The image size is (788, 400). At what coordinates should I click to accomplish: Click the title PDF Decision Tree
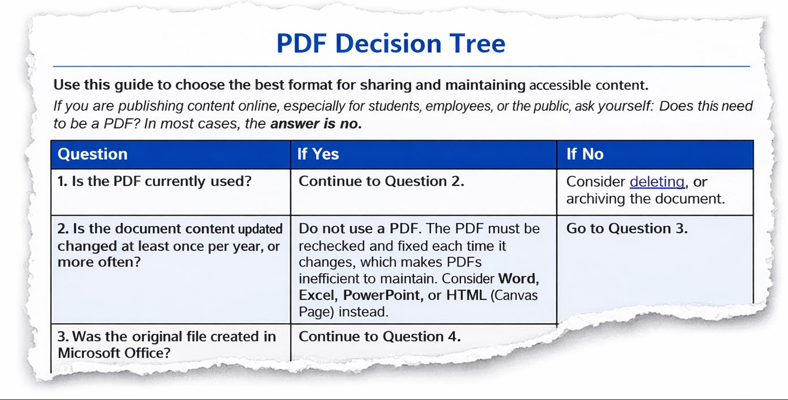pos(391,44)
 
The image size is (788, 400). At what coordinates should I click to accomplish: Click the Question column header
pos(93,154)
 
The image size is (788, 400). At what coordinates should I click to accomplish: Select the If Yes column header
pos(318,154)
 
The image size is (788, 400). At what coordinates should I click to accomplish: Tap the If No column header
pos(585,154)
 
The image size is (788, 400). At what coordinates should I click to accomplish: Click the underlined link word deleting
pos(657,182)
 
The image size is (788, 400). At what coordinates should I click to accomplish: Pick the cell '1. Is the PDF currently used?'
pos(155,182)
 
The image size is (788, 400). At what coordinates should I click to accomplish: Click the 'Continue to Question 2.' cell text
pos(382,182)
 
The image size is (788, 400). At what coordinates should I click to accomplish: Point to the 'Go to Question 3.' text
pos(627,229)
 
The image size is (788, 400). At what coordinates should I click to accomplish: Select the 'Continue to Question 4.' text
pos(379,337)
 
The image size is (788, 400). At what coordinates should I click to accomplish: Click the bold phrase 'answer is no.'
pos(316,124)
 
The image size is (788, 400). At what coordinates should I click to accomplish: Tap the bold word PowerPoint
pos(382,295)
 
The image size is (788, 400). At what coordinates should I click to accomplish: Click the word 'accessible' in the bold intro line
pos(558,86)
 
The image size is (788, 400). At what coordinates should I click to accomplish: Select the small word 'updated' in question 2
pos(260,229)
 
